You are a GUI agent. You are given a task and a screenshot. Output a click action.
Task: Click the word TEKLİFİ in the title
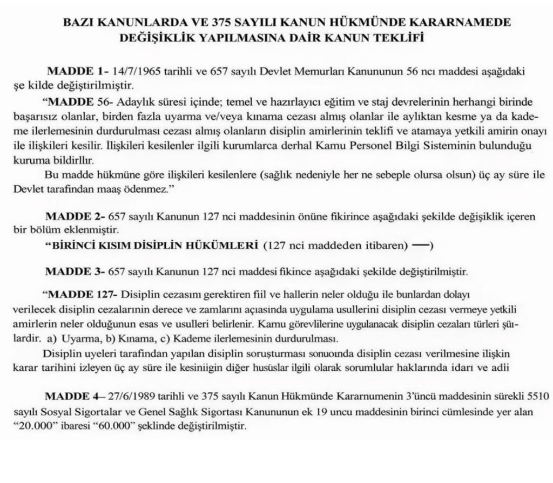coord(397,38)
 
